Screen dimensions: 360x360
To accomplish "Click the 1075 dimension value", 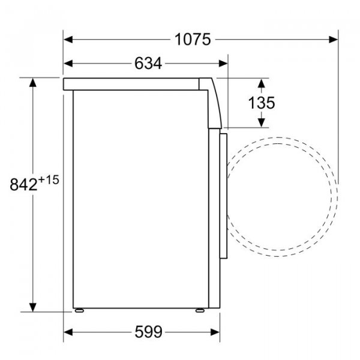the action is tap(193, 40).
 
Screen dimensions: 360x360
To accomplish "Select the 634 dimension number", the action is tap(148, 64).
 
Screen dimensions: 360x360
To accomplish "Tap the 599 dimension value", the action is tap(148, 332).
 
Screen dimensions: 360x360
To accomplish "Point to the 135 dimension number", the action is tap(262, 103).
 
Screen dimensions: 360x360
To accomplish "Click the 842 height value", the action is tap(23, 184).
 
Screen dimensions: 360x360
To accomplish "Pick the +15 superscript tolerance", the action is tap(49, 180).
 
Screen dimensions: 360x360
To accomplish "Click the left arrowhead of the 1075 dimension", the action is tap(68, 40).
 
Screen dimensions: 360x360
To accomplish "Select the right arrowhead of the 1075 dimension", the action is tap(334, 40).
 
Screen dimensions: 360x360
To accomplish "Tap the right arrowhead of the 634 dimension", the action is tap(223, 64).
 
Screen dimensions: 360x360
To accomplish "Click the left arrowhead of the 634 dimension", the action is tap(68, 64).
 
